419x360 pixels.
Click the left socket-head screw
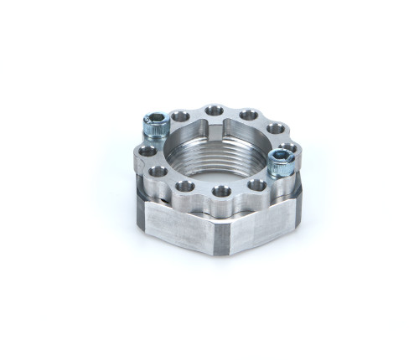pyautogui.click(x=156, y=127)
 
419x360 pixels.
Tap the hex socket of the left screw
pyautogui.click(x=155, y=121)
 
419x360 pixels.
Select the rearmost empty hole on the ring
pyautogui.click(x=215, y=111)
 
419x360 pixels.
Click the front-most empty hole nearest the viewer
pyautogui.click(x=221, y=192)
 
